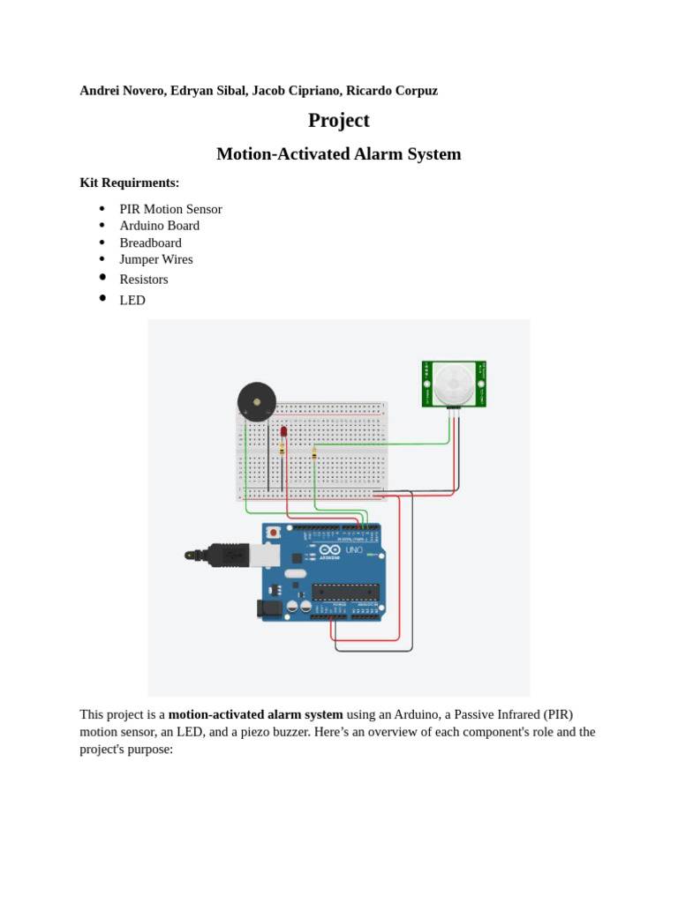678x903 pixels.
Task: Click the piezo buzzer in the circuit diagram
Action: coord(257,402)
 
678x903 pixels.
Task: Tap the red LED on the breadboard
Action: coord(283,432)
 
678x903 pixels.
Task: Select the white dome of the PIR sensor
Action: coord(454,384)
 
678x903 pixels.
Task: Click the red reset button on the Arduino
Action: coord(274,533)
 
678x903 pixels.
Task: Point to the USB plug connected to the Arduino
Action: coord(225,555)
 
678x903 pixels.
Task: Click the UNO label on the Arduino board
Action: coord(354,549)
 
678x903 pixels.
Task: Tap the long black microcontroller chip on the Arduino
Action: coord(345,592)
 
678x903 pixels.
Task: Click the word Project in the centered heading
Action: coord(339,120)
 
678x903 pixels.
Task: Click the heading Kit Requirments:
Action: coord(130,183)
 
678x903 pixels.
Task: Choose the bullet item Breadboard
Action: coord(151,243)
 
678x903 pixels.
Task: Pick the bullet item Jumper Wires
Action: coord(156,259)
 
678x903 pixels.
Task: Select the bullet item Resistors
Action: coord(144,280)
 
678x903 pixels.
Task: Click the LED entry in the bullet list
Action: coord(132,300)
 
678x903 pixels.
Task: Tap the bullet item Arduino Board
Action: coord(160,226)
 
